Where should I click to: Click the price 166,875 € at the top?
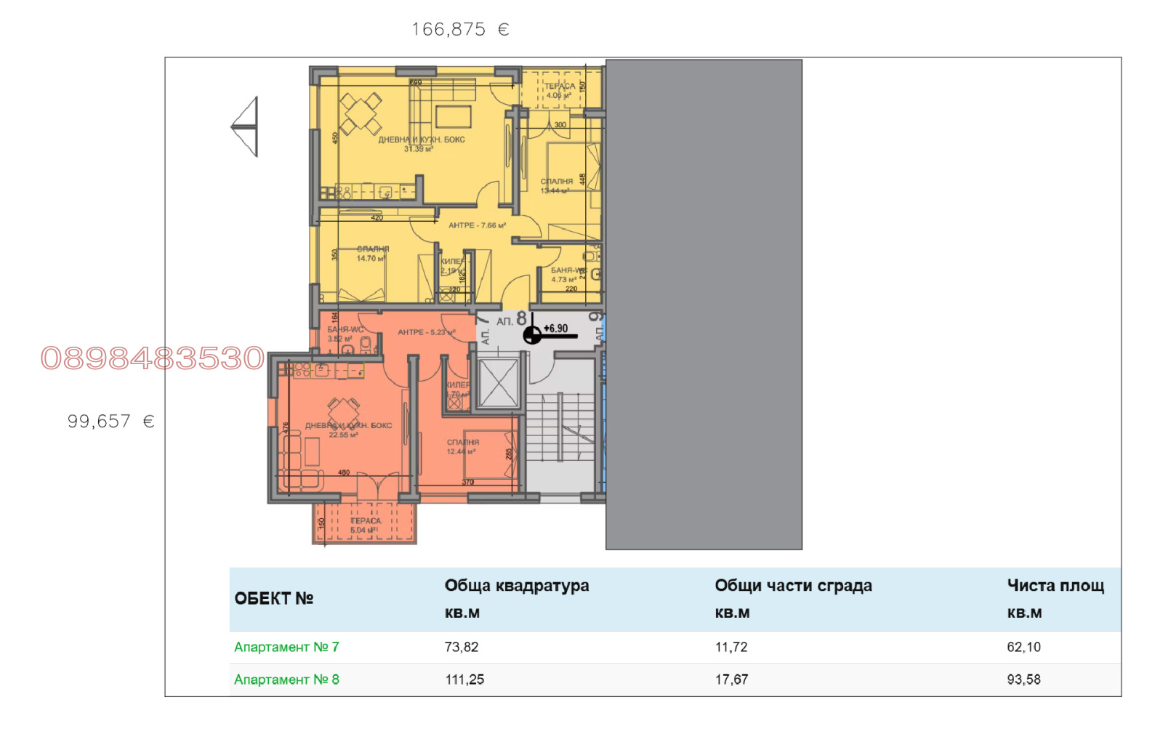coord(460,30)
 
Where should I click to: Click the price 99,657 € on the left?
coord(110,422)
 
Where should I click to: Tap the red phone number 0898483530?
coord(153,358)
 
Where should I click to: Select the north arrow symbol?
coord(246,126)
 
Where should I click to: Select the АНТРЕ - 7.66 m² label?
coord(477,225)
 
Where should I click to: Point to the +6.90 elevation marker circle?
coord(532,335)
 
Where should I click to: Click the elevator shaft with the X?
coord(498,382)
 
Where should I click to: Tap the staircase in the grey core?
coord(560,429)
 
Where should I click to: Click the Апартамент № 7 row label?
coord(286,647)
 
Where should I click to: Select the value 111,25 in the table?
coord(464,680)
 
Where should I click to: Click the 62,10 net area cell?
coord(1023,647)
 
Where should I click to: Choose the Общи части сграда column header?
coord(793,586)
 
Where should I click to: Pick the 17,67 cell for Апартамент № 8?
coord(731,680)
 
